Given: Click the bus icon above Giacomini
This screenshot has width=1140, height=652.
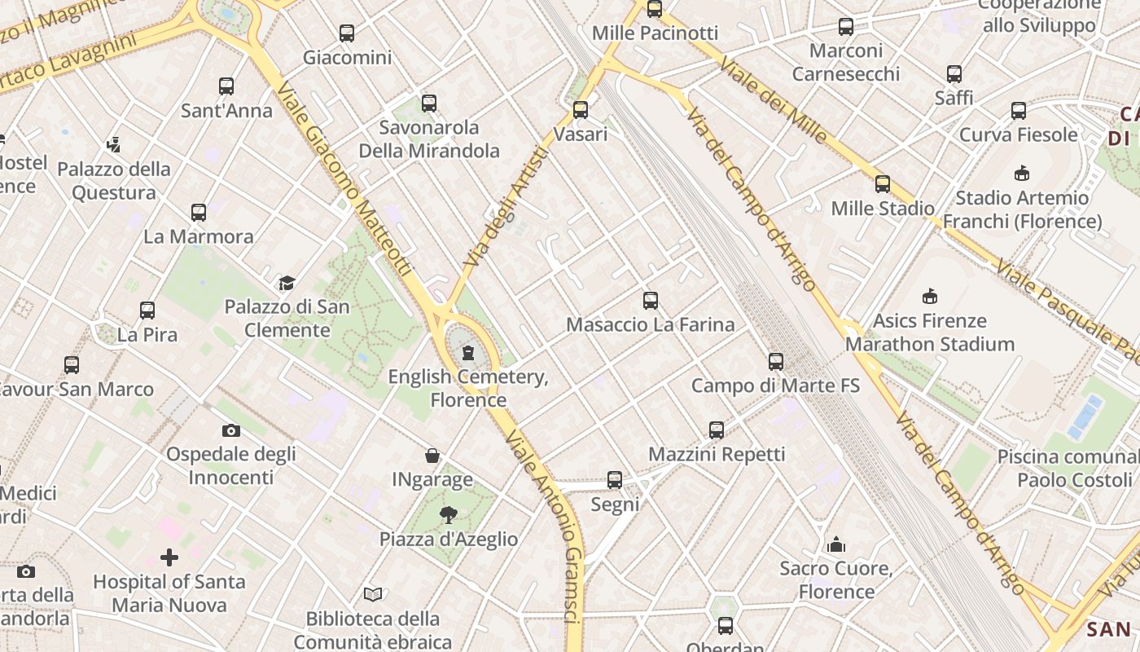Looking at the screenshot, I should point(347,33).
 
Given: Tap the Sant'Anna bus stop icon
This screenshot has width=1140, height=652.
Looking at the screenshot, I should point(226,86).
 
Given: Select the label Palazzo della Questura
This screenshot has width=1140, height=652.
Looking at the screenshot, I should point(114,181).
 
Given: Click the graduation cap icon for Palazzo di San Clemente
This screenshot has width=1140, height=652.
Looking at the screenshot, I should point(287,283).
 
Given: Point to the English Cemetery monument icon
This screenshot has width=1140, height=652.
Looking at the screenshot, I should point(468,353).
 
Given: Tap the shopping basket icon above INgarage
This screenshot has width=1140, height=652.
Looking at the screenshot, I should point(432,456).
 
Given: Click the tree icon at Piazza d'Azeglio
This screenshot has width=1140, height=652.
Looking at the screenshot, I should point(448,514).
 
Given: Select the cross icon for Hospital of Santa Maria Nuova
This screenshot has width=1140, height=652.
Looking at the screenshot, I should point(169,557).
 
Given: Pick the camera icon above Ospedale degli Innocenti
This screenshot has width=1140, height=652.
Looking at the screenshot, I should point(231,430).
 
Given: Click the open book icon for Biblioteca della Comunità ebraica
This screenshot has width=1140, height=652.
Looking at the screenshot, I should point(373,594).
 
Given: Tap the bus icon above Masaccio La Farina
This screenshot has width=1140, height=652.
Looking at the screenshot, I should point(651,301).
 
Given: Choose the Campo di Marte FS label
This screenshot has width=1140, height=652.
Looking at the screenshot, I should point(775,385).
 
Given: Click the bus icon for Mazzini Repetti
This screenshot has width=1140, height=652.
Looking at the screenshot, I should point(717,430).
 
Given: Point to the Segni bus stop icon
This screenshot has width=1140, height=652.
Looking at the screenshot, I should point(615,480).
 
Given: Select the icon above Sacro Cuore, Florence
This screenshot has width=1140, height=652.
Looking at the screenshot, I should point(836,544).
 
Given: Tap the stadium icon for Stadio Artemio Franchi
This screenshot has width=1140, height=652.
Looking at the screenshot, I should point(1022,173).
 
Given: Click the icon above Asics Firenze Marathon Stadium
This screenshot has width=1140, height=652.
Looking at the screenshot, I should point(930,296).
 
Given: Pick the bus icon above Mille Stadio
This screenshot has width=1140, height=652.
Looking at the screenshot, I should point(883,184).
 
